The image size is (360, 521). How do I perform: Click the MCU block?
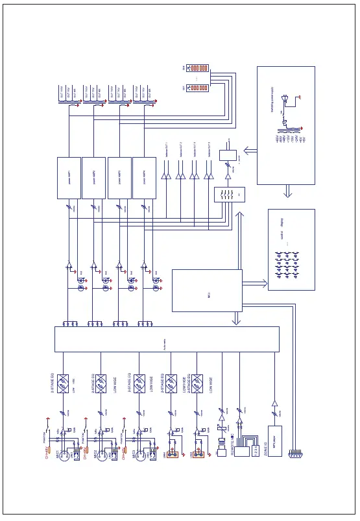tap(206, 290)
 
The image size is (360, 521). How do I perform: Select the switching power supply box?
tap(285, 125)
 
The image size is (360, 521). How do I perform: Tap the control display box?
tap(291, 249)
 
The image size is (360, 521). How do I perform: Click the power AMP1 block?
tap(69, 178)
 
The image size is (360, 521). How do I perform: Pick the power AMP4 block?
tap(144, 178)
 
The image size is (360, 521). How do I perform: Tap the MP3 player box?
tap(274, 441)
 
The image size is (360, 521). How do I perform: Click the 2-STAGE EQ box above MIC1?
tap(63, 384)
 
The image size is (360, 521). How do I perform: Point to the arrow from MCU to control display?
tap(254, 283)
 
